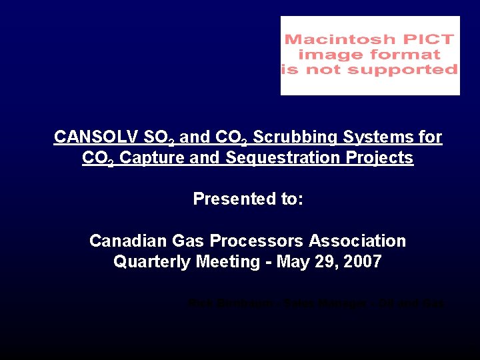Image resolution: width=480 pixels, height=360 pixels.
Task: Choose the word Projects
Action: click(385, 159)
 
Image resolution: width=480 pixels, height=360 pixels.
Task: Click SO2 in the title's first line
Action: click(162, 137)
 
